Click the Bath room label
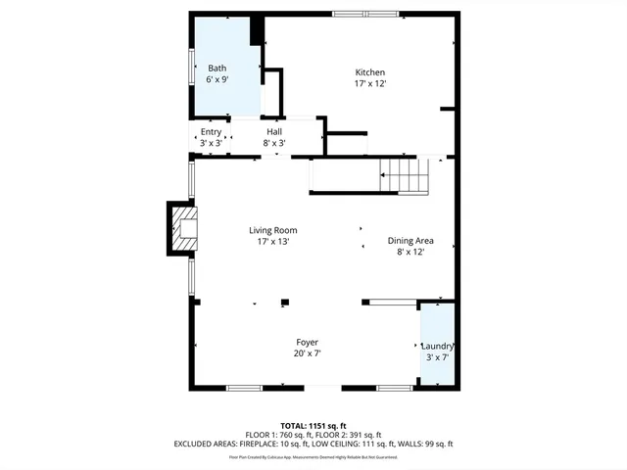(x=217, y=68)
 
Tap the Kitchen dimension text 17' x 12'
(x=369, y=84)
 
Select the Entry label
(x=211, y=132)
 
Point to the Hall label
(x=274, y=132)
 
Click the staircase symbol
(x=405, y=176)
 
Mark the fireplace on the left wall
(x=182, y=228)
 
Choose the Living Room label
(x=272, y=230)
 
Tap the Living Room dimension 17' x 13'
(x=272, y=241)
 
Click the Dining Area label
(x=410, y=241)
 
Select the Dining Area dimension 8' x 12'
(x=410, y=252)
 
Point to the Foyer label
(x=308, y=342)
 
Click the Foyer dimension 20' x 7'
(x=308, y=353)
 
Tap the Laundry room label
(x=437, y=347)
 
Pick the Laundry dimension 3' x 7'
(x=437, y=357)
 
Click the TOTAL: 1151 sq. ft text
(x=313, y=426)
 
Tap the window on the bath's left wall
(x=192, y=64)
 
